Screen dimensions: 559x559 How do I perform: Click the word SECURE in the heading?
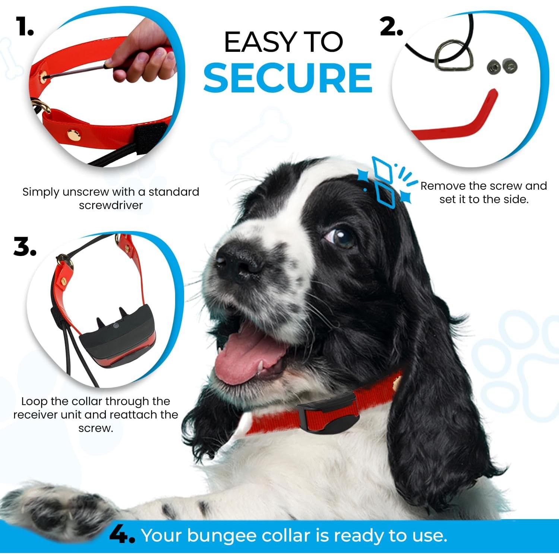click(287, 78)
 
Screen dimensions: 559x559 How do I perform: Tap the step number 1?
click(25, 27)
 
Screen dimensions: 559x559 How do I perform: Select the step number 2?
click(391, 27)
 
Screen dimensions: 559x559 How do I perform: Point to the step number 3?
click(25, 247)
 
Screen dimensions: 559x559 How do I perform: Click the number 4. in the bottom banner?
click(122, 536)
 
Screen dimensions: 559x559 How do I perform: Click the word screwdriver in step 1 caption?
click(111, 205)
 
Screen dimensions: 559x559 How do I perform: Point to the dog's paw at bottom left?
click(56, 511)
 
